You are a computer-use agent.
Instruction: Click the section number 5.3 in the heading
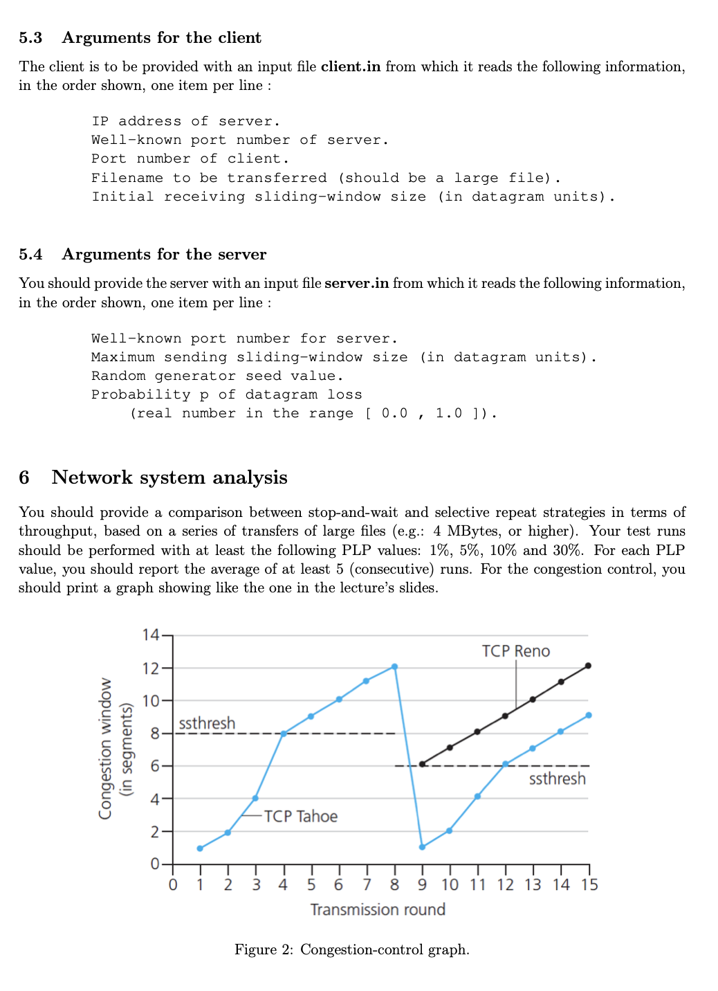click(x=30, y=38)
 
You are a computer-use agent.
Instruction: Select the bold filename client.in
click(x=350, y=66)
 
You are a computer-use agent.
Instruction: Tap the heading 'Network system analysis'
click(x=169, y=478)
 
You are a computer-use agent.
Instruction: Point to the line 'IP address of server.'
click(x=185, y=121)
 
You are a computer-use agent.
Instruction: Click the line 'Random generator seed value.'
click(x=217, y=376)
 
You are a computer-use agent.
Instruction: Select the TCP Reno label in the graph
click(x=515, y=651)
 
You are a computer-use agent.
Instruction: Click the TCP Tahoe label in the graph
click(x=300, y=817)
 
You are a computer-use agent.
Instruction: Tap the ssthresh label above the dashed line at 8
click(x=207, y=723)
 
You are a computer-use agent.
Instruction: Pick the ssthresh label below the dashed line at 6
click(x=557, y=779)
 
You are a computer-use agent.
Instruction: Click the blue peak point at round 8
click(x=394, y=666)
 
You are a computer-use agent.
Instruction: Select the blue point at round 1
click(x=200, y=848)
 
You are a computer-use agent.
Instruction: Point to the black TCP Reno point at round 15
click(x=588, y=666)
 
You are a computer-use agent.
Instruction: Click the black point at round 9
click(x=422, y=764)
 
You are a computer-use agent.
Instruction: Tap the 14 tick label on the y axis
click(x=150, y=635)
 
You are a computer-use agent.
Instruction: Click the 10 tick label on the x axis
click(x=450, y=884)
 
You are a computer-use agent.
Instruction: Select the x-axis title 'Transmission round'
click(x=378, y=909)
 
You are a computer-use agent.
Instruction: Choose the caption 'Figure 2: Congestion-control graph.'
click(x=351, y=949)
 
